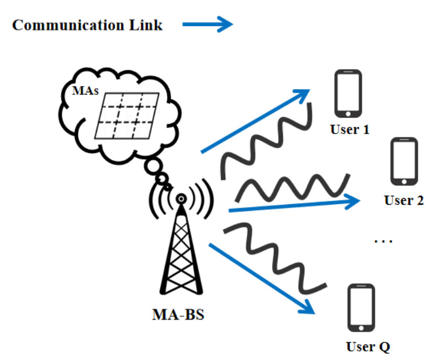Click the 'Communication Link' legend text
88,25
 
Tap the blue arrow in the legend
207,24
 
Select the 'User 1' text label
350,130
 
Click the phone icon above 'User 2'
404,162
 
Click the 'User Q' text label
368,346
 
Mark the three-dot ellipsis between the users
383,241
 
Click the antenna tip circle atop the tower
181,199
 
